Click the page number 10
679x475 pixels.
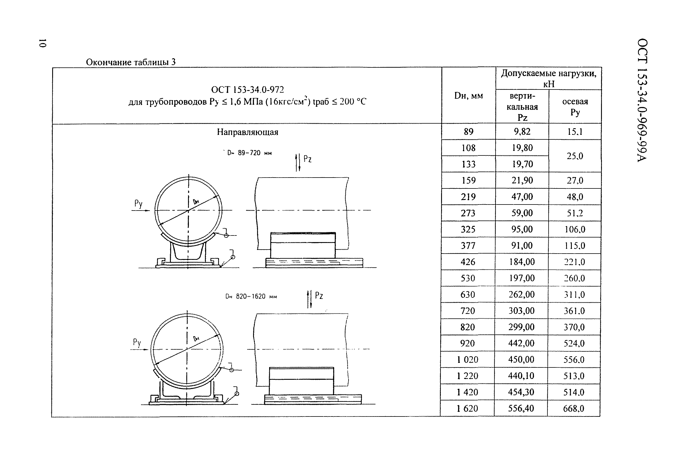[x=42, y=43]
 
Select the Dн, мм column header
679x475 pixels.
[x=468, y=96]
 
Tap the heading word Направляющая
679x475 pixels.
[x=248, y=132]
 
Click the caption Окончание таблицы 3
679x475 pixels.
[x=131, y=62]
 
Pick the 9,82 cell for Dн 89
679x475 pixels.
[x=522, y=131]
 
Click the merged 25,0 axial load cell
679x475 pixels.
[x=575, y=156]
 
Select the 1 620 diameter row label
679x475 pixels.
[x=467, y=408]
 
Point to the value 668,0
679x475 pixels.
[x=574, y=408]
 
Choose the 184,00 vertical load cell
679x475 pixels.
[x=522, y=262]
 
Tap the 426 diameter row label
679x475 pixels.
[x=468, y=262]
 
